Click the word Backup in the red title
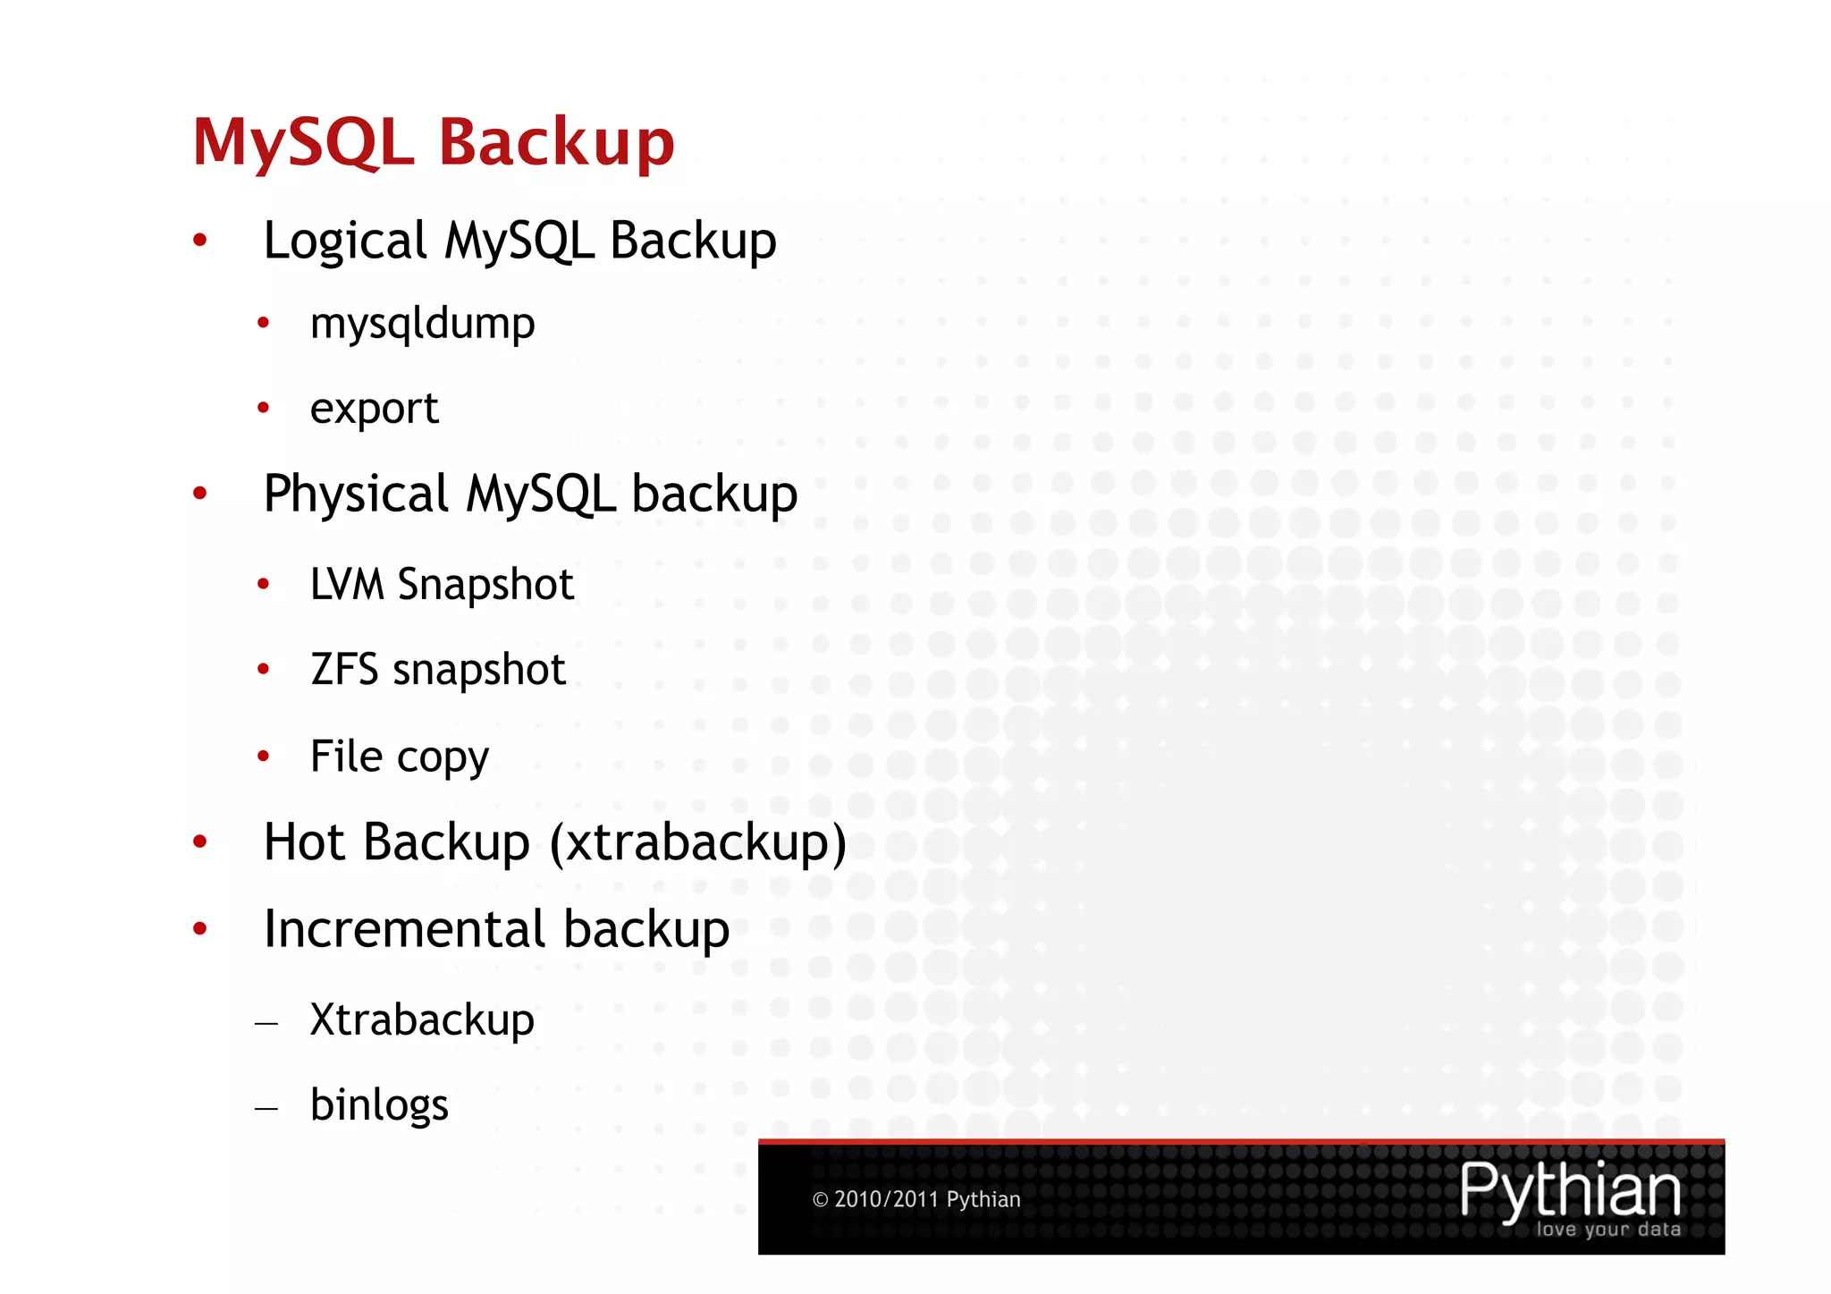[x=556, y=143]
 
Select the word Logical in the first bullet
[x=345, y=241]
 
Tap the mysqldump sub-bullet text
[x=422, y=324]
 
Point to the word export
[x=374, y=410]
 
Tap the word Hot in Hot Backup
[x=304, y=842]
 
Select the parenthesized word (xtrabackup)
[x=697, y=842]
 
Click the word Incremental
[x=404, y=929]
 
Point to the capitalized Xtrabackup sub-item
[x=422, y=1019]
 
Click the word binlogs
[x=379, y=1105]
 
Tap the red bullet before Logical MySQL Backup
[x=200, y=240]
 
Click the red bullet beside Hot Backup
[x=200, y=842]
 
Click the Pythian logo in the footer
[x=1570, y=1190]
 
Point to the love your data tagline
[x=1608, y=1230]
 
